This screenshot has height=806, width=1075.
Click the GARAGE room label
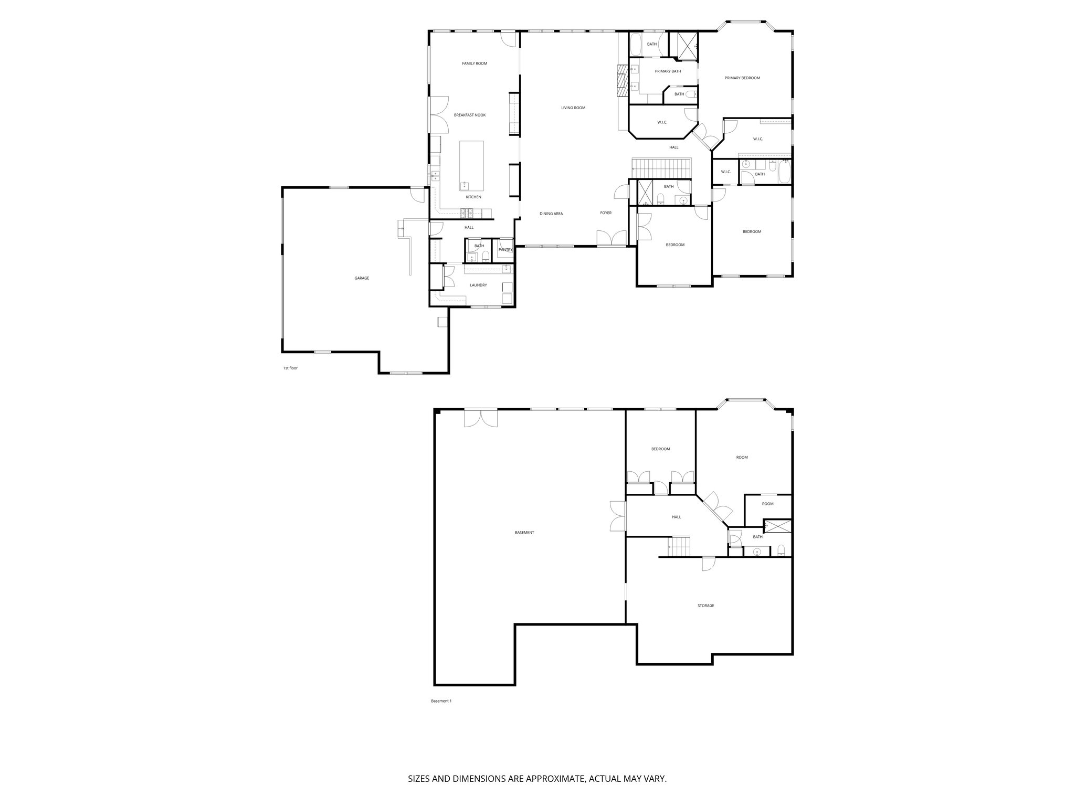[362, 278]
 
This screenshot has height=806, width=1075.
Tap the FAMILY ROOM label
[475, 63]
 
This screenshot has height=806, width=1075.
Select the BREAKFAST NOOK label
[470, 115]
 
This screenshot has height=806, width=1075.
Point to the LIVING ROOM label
[573, 108]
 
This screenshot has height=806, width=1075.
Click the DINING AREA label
[551, 214]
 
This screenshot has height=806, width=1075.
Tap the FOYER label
[606, 213]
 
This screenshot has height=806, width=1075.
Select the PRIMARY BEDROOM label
[742, 78]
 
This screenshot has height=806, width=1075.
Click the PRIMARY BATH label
[668, 71]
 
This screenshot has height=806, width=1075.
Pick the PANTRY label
[505, 250]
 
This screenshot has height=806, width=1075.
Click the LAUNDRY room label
[478, 285]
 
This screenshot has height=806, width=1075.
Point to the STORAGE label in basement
[705, 606]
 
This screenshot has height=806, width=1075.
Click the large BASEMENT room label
[524, 533]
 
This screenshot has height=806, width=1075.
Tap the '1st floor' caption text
[290, 368]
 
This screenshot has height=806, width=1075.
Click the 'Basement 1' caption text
[441, 701]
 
